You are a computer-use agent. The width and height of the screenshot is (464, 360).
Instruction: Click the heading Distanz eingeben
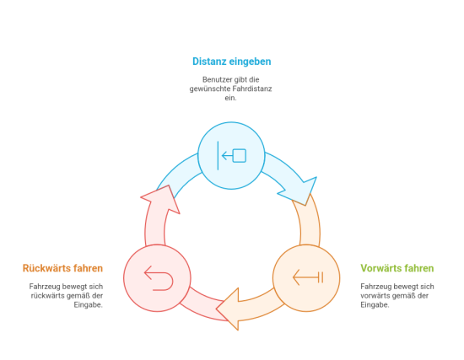click(x=232, y=62)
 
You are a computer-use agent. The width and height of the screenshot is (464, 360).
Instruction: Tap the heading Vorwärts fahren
click(x=397, y=268)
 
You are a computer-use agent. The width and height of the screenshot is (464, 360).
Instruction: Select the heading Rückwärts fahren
click(x=62, y=268)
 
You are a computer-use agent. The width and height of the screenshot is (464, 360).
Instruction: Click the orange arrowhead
click(x=229, y=309)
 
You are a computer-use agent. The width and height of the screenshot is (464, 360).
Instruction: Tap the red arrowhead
click(x=161, y=198)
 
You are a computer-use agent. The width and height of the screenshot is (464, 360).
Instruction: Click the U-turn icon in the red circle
click(x=159, y=278)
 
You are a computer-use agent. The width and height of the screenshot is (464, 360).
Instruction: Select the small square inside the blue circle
click(x=240, y=156)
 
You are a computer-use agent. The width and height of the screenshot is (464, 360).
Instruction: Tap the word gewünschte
click(x=210, y=89)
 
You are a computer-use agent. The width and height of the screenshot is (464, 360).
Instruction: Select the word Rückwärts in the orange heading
click(x=46, y=268)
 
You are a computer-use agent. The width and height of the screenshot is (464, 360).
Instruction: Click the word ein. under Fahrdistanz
click(x=230, y=98)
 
